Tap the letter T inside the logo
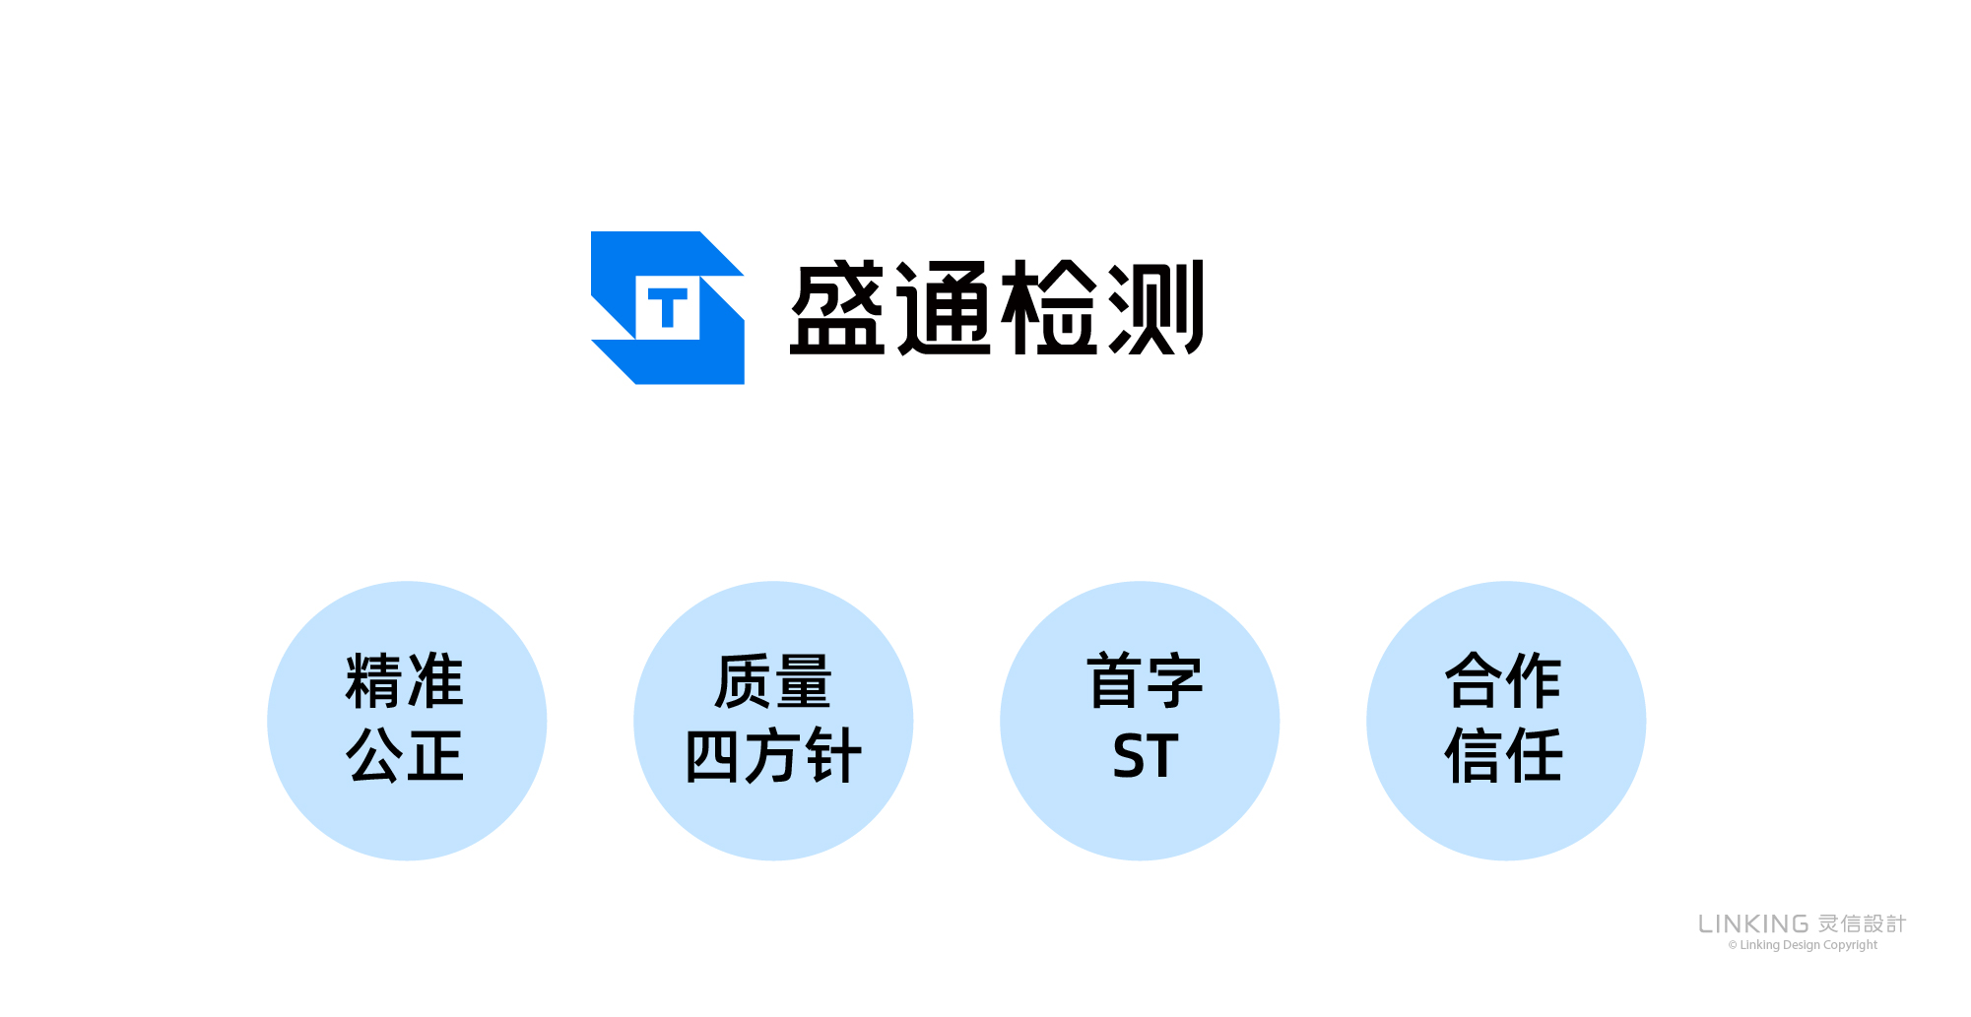click(668, 308)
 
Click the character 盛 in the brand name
click(838, 308)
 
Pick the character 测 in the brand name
click(1155, 308)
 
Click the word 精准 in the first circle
click(405, 681)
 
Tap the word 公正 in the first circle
click(405, 756)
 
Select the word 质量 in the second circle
click(773, 681)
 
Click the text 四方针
click(773, 756)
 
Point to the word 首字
click(1145, 681)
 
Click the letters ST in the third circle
click(1146, 756)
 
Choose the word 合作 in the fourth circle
click(1503, 681)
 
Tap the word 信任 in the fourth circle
click(1503, 756)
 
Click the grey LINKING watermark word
click(1753, 924)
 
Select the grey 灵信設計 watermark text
click(1862, 924)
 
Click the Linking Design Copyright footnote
click(1803, 945)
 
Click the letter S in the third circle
click(1129, 756)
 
